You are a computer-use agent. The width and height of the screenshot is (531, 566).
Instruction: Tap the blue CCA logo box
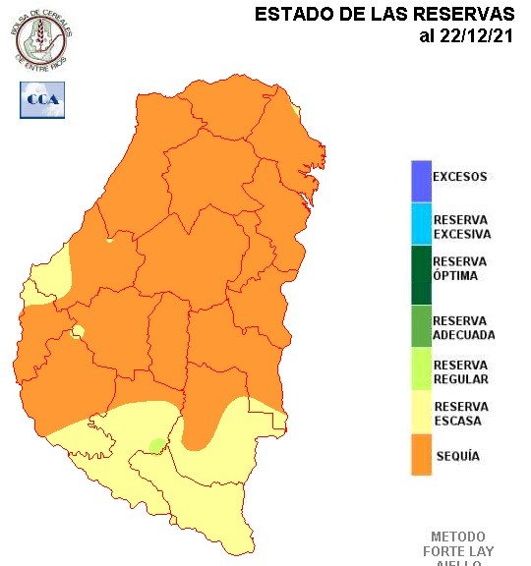tap(42, 99)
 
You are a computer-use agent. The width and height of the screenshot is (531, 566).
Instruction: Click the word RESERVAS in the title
tap(465, 15)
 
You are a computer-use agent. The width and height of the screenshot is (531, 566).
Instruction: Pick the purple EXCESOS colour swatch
tap(421, 179)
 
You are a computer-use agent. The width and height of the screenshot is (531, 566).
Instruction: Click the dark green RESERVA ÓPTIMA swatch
tap(421, 274)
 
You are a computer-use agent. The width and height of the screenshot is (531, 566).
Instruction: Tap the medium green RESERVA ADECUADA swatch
tap(421, 326)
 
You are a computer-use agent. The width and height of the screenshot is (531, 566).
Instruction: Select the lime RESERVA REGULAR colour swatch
tap(421, 369)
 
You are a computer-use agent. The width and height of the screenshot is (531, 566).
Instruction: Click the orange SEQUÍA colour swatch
tap(421, 455)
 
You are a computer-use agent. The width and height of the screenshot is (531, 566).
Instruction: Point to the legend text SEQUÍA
tap(456, 456)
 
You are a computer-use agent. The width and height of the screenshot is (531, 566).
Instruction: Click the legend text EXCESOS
tap(460, 178)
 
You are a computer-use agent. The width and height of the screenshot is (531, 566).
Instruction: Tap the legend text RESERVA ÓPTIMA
tap(460, 268)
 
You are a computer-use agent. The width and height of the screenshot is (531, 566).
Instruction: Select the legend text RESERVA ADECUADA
tap(464, 328)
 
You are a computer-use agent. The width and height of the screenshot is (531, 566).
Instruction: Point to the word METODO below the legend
tap(457, 537)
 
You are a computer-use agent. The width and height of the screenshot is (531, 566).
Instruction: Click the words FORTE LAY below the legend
tap(457, 550)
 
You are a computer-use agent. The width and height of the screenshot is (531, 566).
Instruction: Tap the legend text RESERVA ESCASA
tap(460, 414)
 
